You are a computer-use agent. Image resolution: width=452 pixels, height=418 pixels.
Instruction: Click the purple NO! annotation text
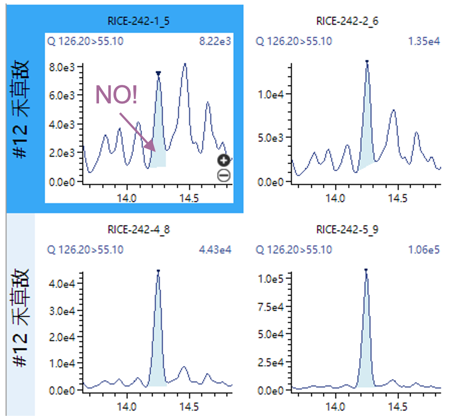coord(116,95)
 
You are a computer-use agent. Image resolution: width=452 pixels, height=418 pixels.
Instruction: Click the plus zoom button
coord(224,161)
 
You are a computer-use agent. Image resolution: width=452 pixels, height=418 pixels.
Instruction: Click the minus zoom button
coord(224,175)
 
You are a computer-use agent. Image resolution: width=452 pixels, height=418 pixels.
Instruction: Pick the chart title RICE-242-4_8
coord(139,229)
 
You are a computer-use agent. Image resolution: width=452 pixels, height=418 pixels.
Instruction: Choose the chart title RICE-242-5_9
coord(347,229)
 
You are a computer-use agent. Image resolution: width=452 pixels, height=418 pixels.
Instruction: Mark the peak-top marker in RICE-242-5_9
coord(366,270)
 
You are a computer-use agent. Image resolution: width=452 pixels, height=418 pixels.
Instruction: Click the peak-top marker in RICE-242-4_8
coord(158,271)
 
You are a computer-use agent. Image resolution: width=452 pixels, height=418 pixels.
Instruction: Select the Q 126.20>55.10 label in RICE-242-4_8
coord(85,250)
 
